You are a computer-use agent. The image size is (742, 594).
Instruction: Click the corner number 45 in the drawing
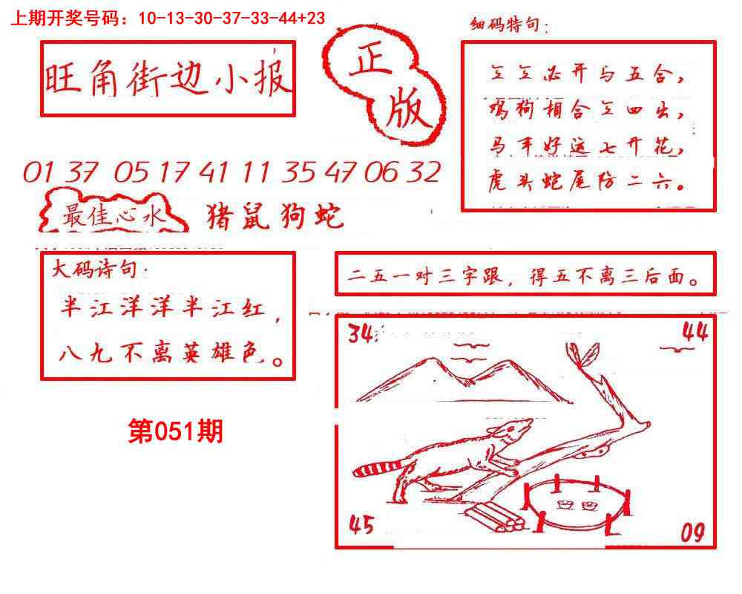click(361, 526)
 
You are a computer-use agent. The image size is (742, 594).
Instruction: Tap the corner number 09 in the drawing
click(692, 532)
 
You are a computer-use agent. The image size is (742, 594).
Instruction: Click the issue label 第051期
click(175, 431)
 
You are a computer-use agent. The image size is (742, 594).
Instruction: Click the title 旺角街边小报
click(168, 79)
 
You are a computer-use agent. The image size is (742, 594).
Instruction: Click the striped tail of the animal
click(376, 469)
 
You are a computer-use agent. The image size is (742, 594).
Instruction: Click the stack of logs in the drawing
click(497, 520)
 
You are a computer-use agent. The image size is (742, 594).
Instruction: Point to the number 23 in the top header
click(315, 19)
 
